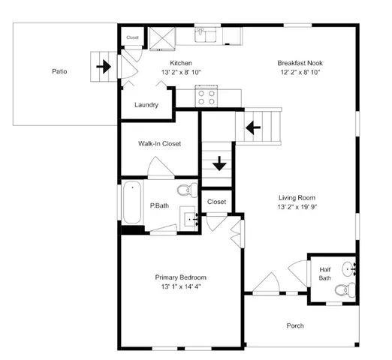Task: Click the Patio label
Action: tap(59, 72)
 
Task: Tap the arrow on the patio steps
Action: tap(104, 66)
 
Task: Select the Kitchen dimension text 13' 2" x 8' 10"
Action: tap(181, 73)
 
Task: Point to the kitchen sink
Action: tap(207, 34)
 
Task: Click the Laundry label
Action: tap(146, 105)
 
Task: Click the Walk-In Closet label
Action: tap(159, 143)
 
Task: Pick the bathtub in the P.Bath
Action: tap(133, 202)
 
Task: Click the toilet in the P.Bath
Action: tap(189, 189)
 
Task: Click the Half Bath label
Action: tap(325, 273)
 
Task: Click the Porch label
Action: tap(296, 325)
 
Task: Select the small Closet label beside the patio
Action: tap(132, 37)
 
